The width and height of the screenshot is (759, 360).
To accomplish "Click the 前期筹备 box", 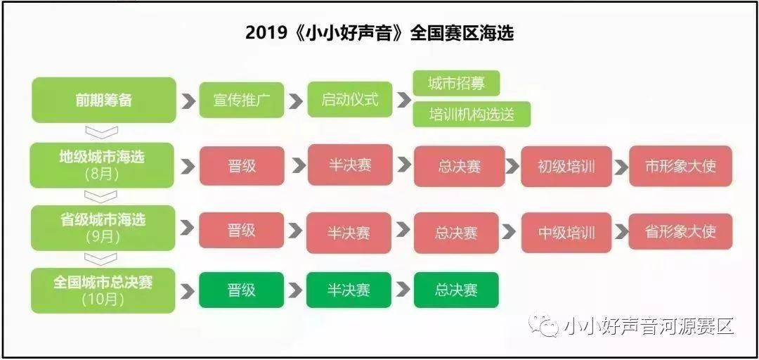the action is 103,100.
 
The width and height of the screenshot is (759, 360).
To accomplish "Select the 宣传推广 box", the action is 242,100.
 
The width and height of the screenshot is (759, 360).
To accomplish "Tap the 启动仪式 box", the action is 349,99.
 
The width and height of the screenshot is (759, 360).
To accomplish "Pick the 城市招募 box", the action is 456,84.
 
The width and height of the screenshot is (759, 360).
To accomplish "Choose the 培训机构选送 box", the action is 472,115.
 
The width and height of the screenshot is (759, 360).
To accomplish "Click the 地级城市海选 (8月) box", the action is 102,165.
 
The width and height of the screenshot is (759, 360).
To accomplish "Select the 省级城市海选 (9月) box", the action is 103,229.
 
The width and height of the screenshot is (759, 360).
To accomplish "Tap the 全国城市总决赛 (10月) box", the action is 103,290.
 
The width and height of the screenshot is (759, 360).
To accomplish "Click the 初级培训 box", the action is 566,166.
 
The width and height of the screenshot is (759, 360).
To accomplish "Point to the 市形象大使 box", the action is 680,166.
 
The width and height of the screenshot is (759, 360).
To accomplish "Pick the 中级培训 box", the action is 566,233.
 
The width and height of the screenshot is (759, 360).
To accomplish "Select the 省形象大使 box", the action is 680,231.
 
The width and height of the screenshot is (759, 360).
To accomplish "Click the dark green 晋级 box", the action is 242,290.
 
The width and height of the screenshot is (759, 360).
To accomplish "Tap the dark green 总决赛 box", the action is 456,290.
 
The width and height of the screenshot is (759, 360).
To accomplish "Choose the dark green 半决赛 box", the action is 349,290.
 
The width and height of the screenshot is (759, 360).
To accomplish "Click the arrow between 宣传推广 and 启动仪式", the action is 296,101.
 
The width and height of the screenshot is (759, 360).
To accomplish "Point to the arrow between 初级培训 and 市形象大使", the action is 621,167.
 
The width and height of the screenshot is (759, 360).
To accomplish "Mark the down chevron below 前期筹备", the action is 101,132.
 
